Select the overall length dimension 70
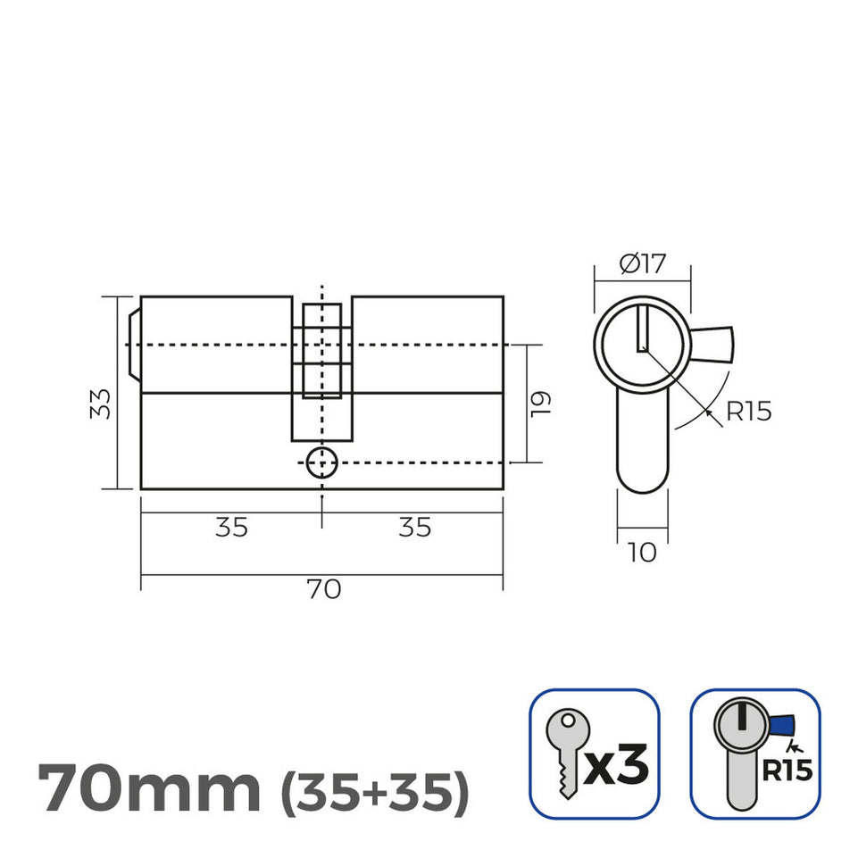324,590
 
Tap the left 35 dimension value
231,528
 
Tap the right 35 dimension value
413,528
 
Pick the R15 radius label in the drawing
748,412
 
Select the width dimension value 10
642,553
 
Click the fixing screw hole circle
321,462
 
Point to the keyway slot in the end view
642,329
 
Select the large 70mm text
150,787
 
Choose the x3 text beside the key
616,766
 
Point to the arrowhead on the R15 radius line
708,412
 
